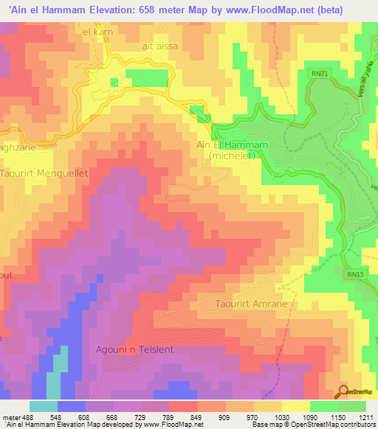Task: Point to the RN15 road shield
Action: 356,274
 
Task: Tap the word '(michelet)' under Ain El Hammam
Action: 234,156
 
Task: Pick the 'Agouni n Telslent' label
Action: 134,349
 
